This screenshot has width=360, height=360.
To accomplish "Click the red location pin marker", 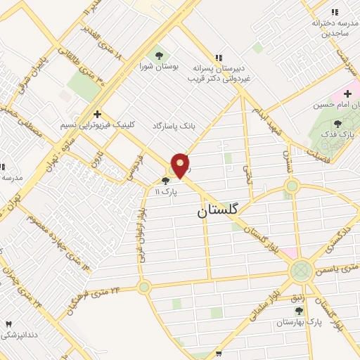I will (181, 165).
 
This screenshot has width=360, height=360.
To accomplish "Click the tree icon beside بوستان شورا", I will (157, 55).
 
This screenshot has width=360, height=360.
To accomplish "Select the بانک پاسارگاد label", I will (173, 125).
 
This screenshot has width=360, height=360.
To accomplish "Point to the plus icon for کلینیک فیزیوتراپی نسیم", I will (97, 113).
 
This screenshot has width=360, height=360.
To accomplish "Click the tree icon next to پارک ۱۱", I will (165, 181).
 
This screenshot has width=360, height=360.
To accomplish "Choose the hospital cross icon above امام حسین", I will (347, 93).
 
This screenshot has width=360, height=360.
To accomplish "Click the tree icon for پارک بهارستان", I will (299, 311).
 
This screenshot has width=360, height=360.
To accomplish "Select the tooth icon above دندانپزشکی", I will (9, 323).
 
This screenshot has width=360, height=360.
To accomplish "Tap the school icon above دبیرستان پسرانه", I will (219, 58).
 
